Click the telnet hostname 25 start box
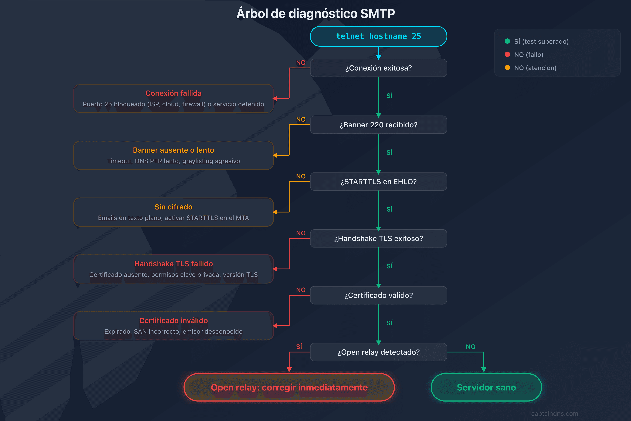[x=378, y=36]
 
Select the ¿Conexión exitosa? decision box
[x=378, y=68]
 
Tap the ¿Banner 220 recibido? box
[x=378, y=125]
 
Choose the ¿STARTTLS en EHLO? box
[x=378, y=182]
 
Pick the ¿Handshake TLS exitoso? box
[x=378, y=238]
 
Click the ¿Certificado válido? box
[x=378, y=295]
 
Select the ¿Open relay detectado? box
[x=378, y=352]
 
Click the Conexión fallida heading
[x=173, y=93]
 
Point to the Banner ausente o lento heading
[x=173, y=150]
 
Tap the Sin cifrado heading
[x=173, y=207]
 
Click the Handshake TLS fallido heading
[x=173, y=264]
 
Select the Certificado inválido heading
[x=173, y=321]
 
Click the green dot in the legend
[x=507, y=41]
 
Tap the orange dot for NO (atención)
[x=507, y=67]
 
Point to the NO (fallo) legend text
[x=528, y=55]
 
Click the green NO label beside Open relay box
[x=471, y=347]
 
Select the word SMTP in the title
[x=377, y=14]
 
